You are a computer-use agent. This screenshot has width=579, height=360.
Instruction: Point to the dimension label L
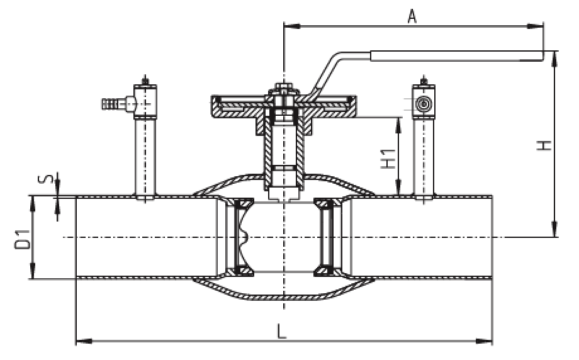pyautogui.click(x=284, y=329)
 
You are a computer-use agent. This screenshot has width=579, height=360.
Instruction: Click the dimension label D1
pyautogui.click(x=22, y=240)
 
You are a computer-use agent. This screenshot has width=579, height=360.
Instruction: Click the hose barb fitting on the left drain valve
pyautogui.click(x=112, y=101)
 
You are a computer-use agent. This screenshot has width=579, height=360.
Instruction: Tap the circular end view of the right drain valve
pyautogui.click(x=424, y=103)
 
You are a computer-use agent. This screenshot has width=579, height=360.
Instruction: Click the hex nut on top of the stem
pyautogui.click(x=281, y=89)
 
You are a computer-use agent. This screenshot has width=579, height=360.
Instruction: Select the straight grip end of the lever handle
pyautogui.click(x=457, y=56)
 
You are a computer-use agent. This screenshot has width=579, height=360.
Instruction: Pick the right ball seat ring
pyautogui.click(x=325, y=237)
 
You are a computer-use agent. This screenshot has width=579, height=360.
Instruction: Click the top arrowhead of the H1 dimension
pyautogui.click(x=398, y=123)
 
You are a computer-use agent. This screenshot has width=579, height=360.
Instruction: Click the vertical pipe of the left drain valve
pyautogui.click(x=145, y=157)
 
